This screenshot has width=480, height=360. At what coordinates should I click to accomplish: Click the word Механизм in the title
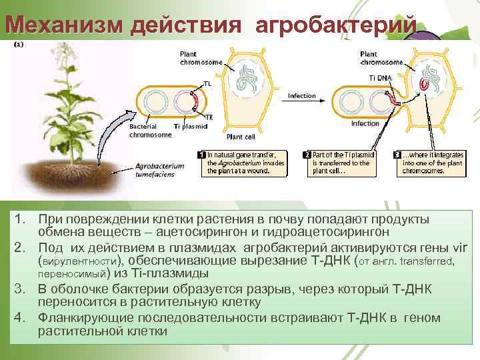click(x=64, y=25)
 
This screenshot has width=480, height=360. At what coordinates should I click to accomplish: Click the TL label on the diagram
click(x=208, y=84)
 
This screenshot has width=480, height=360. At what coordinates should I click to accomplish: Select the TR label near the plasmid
click(x=209, y=117)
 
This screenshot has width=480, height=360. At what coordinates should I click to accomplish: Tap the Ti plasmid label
click(x=189, y=127)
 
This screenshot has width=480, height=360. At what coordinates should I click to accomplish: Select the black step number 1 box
click(x=203, y=154)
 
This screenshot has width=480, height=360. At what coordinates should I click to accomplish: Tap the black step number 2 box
click(x=307, y=154)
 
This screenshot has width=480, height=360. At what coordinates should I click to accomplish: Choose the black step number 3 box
click(x=397, y=154)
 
